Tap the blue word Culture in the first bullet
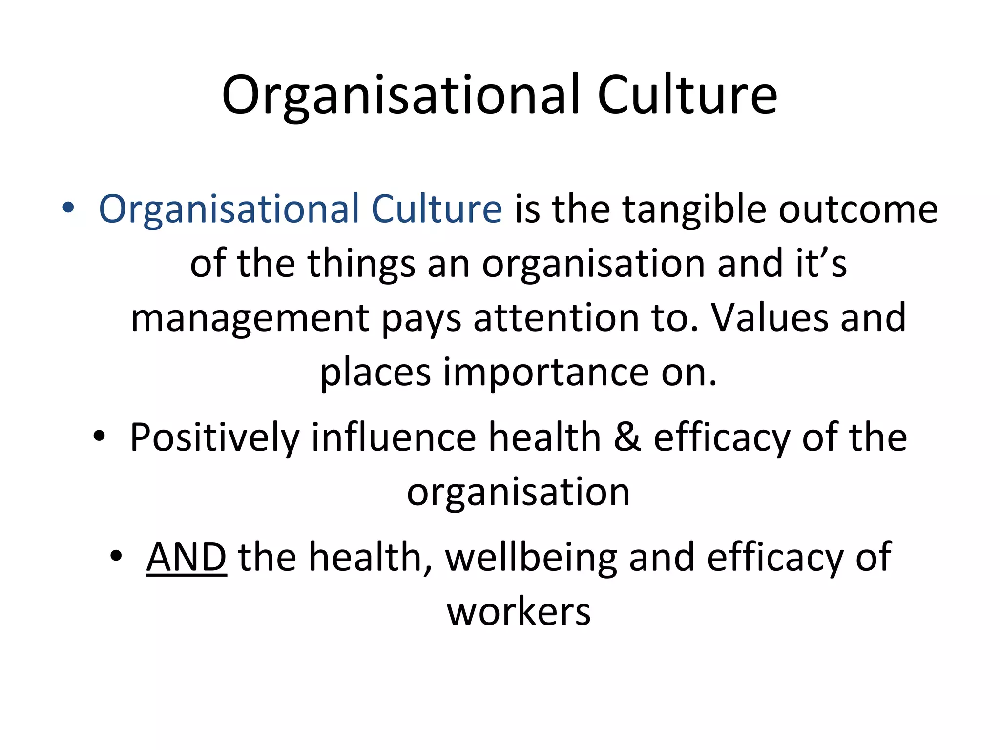coord(437,209)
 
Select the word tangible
coord(694,209)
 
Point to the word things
coord(361,264)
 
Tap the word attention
coord(556,318)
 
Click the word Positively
coord(214,437)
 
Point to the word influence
coord(394,437)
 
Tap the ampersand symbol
coord(627,437)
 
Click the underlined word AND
coord(186,557)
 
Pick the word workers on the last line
coord(519,612)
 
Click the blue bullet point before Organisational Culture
coord(68,208)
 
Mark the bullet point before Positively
coord(99,436)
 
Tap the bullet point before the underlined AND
coord(116,556)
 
